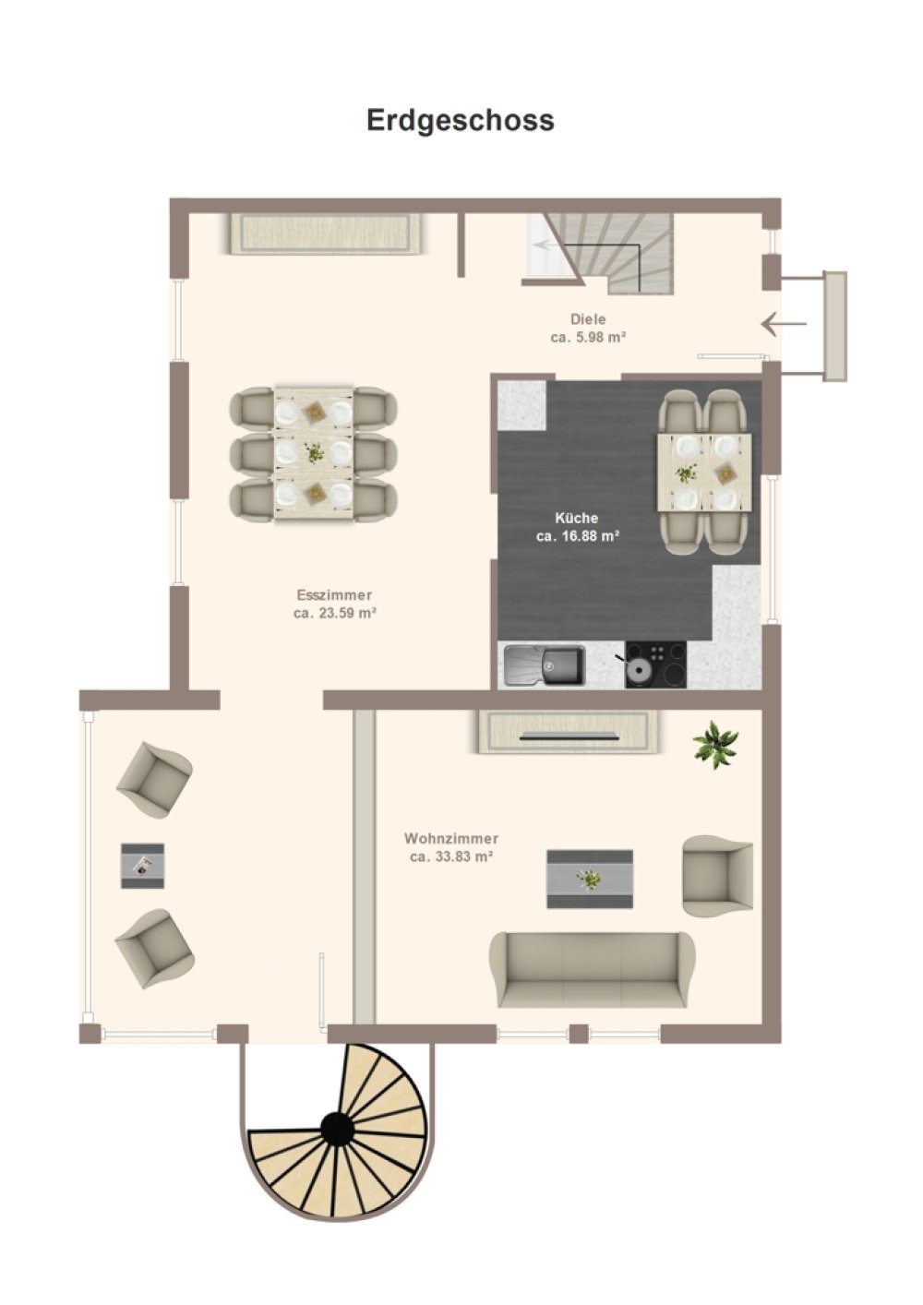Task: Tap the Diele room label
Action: (x=588, y=319)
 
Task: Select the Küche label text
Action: (x=576, y=518)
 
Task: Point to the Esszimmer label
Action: (x=334, y=595)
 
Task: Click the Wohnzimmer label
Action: (x=451, y=838)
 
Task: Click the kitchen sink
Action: (x=545, y=664)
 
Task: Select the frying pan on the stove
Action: (x=636, y=670)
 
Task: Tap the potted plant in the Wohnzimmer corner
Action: (x=715, y=745)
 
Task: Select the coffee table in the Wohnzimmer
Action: (x=590, y=879)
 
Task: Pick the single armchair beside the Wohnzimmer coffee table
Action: (x=717, y=876)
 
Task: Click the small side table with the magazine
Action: (x=143, y=866)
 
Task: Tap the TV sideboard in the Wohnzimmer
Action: (x=570, y=732)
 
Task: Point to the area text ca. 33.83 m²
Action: (x=451, y=856)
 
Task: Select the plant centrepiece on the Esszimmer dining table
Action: (x=315, y=452)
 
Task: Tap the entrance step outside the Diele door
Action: (x=834, y=327)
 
